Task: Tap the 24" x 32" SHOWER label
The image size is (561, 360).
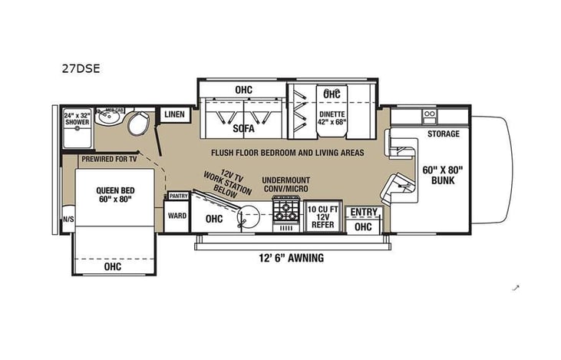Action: click(76, 120)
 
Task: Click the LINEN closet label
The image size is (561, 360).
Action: click(174, 114)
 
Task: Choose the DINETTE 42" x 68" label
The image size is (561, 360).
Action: click(332, 119)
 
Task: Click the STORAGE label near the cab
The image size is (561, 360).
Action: click(444, 134)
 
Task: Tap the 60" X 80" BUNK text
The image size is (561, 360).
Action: click(441, 175)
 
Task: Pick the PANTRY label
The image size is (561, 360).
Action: click(178, 197)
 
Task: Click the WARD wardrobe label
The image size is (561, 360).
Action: click(177, 216)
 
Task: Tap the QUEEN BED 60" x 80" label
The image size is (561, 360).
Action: click(114, 195)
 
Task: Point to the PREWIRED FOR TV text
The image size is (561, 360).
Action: click(109, 159)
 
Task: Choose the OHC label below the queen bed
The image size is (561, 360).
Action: click(112, 267)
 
